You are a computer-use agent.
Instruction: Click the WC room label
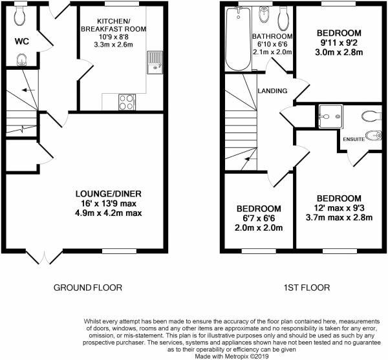(x=22, y=41)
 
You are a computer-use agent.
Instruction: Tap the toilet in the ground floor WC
(x=20, y=16)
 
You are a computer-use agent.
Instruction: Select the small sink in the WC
(x=22, y=60)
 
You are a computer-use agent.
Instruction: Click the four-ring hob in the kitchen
(x=127, y=102)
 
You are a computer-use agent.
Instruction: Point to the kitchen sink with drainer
(x=155, y=62)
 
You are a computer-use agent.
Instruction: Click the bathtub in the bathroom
(x=238, y=39)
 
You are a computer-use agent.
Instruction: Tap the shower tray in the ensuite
(x=331, y=117)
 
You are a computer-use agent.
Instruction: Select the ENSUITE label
(x=354, y=139)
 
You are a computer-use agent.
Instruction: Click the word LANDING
(x=272, y=90)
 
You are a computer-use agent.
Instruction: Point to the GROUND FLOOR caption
(x=88, y=288)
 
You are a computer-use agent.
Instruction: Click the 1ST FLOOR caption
(x=307, y=288)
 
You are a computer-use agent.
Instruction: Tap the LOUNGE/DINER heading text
(x=109, y=194)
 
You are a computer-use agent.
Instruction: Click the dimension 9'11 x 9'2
(x=339, y=43)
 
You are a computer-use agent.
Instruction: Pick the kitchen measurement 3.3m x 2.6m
(x=113, y=45)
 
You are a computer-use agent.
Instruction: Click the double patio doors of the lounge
(x=45, y=257)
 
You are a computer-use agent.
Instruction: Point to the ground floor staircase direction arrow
(x=28, y=90)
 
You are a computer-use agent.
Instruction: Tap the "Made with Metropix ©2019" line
(x=232, y=356)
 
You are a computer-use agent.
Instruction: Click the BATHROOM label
(x=272, y=36)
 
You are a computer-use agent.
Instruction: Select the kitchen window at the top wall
(x=122, y=3)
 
